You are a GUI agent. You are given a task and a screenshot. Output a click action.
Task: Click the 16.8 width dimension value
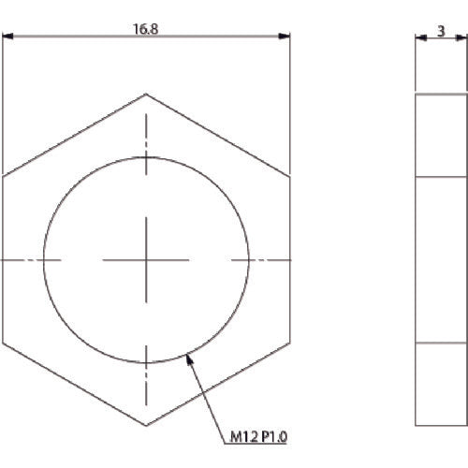pyautogui.click(x=146, y=29)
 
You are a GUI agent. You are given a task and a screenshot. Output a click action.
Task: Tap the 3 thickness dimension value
pyautogui.click(x=441, y=30)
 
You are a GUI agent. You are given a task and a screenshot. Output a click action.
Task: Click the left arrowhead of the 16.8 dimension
pyautogui.click(x=7, y=37)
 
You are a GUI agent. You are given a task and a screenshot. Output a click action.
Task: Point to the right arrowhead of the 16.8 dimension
pyautogui.click(x=285, y=37)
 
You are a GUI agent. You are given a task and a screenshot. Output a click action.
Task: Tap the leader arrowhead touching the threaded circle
pyautogui.click(x=191, y=355)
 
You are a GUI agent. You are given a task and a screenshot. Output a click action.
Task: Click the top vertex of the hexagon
pyautogui.click(x=146, y=94)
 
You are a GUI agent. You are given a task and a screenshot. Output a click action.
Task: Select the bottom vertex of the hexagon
pyautogui.click(x=146, y=424)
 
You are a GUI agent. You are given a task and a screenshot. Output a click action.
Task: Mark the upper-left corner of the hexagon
pyautogui.click(x=3, y=177)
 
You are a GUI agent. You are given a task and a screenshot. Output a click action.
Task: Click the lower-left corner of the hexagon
pyautogui.click(x=3, y=342)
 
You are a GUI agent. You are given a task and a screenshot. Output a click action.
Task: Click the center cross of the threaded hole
pyautogui.click(x=146, y=259)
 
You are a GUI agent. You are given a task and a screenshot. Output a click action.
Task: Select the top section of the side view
pyautogui.click(x=441, y=135)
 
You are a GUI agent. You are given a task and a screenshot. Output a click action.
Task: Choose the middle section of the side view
pyautogui.click(x=441, y=259)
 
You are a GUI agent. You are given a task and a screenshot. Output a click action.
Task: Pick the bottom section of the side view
pyautogui.click(x=441, y=383)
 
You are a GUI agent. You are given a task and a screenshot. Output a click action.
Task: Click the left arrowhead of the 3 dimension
pyautogui.click(x=418, y=37)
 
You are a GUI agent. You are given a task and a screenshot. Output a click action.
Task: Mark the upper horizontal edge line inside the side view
pyautogui.click(x=441, y=177)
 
